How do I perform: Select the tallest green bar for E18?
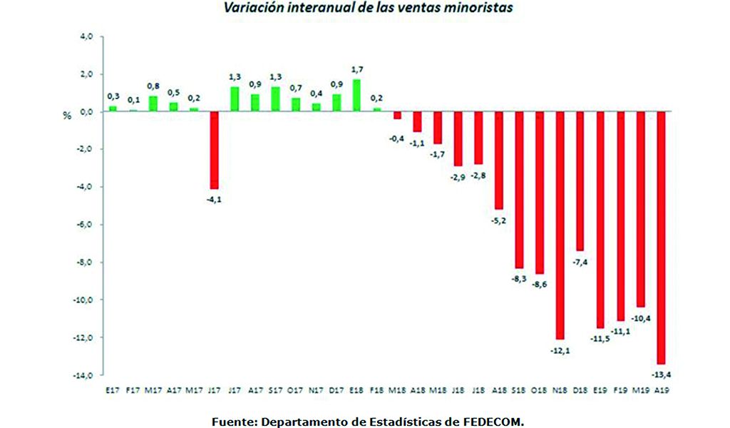356,96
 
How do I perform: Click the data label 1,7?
357,69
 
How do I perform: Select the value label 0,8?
153,86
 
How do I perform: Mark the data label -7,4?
580,263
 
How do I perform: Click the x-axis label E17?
113,389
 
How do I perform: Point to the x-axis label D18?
580,389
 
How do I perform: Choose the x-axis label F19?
620,389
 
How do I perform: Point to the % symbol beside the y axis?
68,115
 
